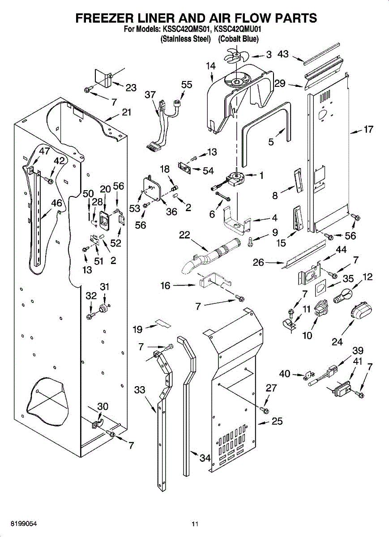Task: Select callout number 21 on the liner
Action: [x=127, y=112]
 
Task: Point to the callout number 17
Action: [x=368, y=130]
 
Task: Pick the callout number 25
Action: [x=278, y=421]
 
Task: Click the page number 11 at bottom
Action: [x=194, y=524]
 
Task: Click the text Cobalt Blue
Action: [x=238, y=39]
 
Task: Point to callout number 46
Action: [x=56, y=203]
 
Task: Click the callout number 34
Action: [x=205, y=458]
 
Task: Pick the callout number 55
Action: [x=187, y=84]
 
